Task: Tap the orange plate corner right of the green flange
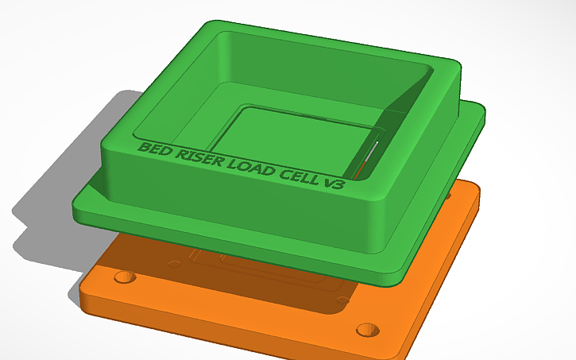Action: (x=469, y=195)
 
